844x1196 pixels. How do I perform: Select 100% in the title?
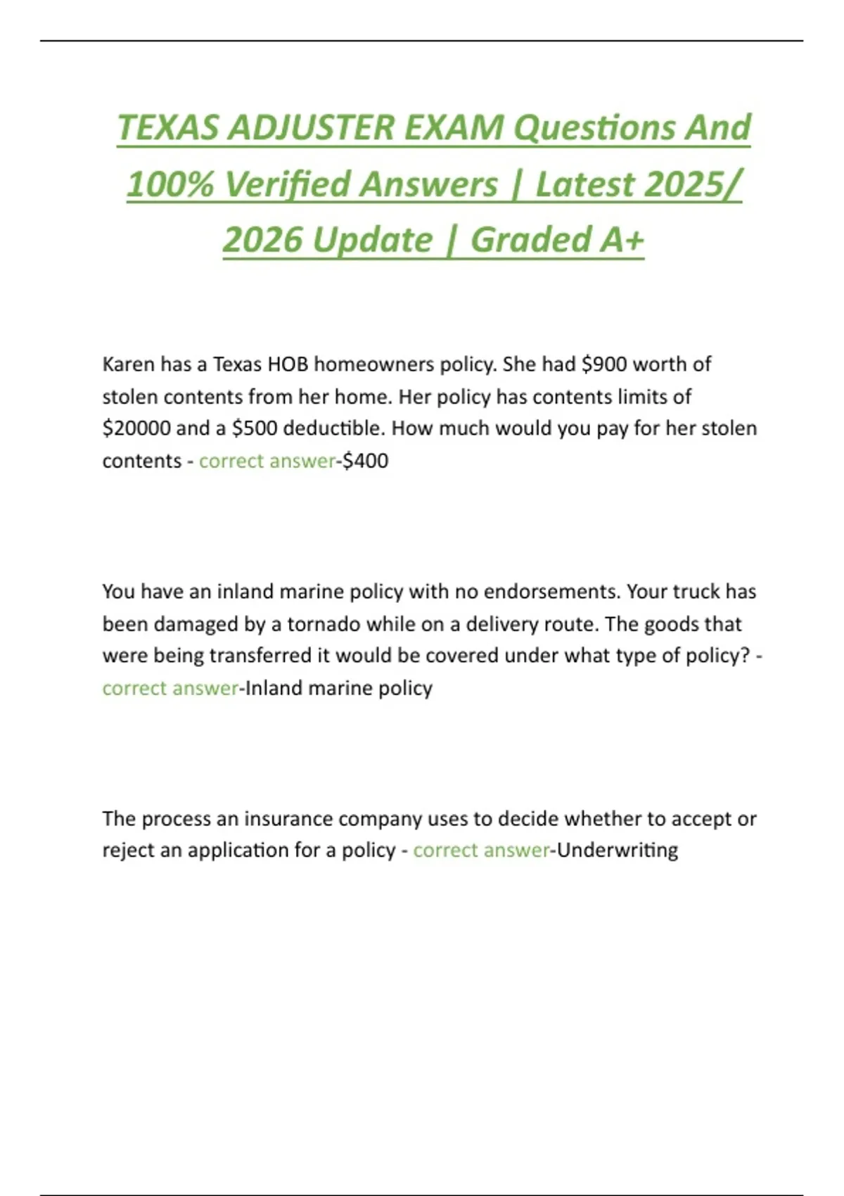click(170, 185)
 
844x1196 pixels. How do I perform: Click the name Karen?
click(128, 364)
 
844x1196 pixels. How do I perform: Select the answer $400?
click(365, 461)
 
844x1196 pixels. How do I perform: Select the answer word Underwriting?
click(618, 851)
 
